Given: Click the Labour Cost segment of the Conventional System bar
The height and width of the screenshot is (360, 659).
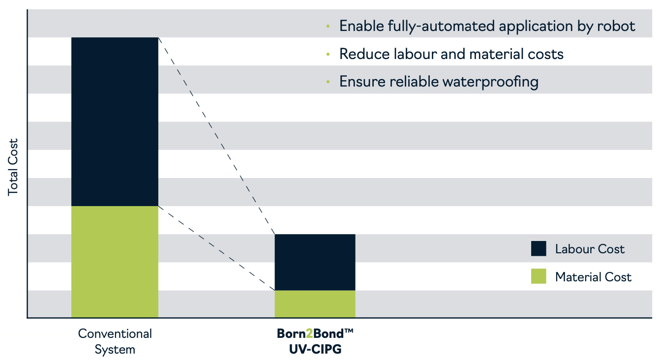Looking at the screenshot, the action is pos(115,121).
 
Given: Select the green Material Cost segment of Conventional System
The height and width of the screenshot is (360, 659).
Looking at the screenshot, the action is pos(115,262).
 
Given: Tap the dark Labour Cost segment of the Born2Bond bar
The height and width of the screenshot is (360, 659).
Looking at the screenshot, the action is pos(315,262).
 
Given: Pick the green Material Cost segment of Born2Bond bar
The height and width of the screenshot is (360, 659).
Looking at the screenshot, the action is pos(315,304).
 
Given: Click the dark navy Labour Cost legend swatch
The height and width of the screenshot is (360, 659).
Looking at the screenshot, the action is pos(539,248).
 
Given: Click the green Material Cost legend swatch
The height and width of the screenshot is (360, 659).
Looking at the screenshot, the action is pos(539,276).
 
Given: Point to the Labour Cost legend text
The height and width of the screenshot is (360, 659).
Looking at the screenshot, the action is pos(590,249).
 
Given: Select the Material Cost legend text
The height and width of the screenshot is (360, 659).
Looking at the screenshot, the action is pos(593,277).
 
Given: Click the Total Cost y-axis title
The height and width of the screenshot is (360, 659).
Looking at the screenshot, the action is pos(13,167).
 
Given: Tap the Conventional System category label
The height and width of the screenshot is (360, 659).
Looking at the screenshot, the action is pos(115,341).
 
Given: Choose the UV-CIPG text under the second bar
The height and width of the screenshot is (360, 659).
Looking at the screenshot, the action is pos(315,349).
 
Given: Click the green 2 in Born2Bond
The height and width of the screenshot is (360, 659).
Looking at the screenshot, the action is pos(309,333).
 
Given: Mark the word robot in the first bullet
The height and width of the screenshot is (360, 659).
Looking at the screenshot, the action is pos(616,26).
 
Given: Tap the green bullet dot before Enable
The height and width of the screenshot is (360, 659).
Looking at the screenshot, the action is pos(328,27).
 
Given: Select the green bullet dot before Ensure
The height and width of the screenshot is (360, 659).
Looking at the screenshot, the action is pos(328,82).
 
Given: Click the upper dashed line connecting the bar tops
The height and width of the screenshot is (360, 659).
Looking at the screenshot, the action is pos(216,136).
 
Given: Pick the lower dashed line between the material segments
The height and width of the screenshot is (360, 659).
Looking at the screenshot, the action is pos(216,248).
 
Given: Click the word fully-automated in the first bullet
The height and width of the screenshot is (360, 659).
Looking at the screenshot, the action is pos(441,27).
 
